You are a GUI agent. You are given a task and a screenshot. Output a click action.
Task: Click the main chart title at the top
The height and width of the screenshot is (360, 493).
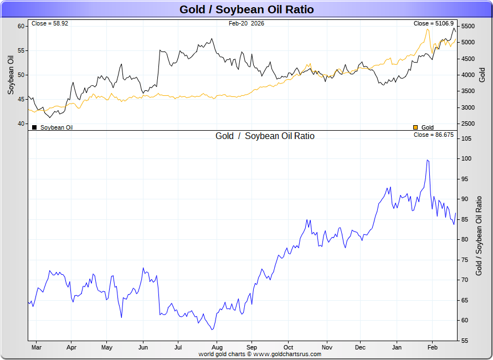click(x=247, y=9)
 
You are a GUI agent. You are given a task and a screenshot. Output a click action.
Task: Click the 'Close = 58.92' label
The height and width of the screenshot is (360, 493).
click(x=50, y=24)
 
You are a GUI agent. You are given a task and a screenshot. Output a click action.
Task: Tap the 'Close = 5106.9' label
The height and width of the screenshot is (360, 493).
click(x=434, y=24)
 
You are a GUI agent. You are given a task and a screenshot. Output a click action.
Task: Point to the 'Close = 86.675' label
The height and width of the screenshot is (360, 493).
click(x=434, y=135)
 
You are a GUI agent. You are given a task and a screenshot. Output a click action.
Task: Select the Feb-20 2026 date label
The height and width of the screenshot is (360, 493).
click(x=247, y=24)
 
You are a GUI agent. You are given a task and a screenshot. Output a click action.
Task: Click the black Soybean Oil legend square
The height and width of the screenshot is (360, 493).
click(x=34, y=127)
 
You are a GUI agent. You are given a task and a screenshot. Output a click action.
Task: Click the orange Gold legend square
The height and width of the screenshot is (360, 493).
click(x=416, y=127)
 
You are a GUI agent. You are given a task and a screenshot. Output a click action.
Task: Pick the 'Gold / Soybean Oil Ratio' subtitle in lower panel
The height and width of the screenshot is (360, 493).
click(x=265, y=136)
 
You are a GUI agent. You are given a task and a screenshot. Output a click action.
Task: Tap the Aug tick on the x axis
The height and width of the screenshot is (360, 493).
click(x=217, y=348)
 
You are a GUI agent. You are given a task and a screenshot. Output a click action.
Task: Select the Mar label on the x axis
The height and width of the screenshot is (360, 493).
click(x=37, y=348)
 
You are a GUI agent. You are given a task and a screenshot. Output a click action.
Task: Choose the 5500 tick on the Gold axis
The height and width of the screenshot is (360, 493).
click(x=468, y=27)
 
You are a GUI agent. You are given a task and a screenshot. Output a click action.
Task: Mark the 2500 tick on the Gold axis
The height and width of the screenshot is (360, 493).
click(x=468, y=124)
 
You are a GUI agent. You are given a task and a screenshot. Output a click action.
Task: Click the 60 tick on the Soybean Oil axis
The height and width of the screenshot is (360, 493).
click(x=21, y=26)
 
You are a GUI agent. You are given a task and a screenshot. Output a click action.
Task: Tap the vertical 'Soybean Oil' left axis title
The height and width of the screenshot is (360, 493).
click(x=11, y=74)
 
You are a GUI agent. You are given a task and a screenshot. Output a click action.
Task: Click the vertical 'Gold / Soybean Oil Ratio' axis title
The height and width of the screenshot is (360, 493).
click(x=480, y=236)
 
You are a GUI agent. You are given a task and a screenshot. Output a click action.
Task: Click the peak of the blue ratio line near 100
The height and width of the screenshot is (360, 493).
click(x=428, y=160)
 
